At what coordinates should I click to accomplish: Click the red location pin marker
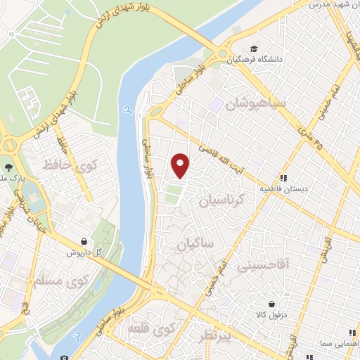(181, 165)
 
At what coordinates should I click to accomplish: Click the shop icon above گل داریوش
(84, 241)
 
